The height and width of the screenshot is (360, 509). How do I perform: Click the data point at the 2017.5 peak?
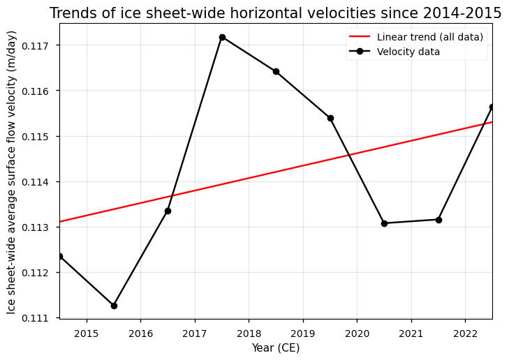222,37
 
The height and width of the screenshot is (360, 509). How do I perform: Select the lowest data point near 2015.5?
114,306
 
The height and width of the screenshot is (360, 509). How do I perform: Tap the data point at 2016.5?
168,211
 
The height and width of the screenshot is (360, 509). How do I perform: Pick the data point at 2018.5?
276,71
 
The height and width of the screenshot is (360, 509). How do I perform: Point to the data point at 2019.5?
330,118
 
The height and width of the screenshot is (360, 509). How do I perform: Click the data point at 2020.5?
384,223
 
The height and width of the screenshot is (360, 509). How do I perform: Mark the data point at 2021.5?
438,220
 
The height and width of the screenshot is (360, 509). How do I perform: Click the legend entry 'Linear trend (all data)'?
429,37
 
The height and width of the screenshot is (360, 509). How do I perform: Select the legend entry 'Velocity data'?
408,52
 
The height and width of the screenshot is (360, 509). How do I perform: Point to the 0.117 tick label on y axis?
39,46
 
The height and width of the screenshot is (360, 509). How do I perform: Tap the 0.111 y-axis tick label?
39,318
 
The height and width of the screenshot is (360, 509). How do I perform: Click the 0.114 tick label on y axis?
39,182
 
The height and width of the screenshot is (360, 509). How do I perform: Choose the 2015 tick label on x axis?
87,333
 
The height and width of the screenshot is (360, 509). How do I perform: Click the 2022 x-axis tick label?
465,333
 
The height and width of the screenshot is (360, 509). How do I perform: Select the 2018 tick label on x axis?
249,333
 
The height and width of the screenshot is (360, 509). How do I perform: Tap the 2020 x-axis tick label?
357,333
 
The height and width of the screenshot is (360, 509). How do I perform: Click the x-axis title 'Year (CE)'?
276,347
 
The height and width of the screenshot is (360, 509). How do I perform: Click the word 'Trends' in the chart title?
73,13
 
